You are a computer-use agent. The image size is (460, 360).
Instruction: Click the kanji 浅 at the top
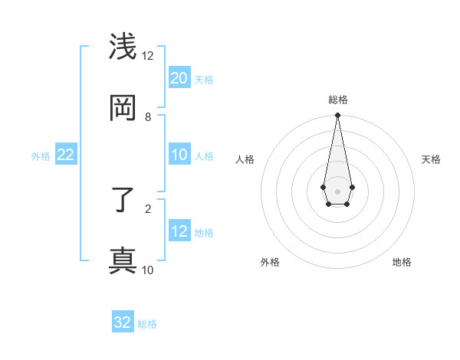click(x=123, y=47)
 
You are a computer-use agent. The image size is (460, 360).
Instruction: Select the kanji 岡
click(x=123, y=108)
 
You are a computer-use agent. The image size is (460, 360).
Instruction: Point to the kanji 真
click(x=123, y=260)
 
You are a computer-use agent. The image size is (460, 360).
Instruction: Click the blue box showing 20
click(x=179, y=77)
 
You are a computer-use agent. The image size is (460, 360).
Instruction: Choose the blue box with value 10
click(x=179, y=155)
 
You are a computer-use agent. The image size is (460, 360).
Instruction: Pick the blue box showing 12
click(x=179, y=231)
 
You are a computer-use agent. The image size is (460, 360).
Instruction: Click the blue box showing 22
click(x=66, y=155)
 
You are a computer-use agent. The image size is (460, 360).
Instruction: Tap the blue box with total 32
click(x=123, y=322)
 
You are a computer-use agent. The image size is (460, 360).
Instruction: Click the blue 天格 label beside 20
click(x=204, y=79)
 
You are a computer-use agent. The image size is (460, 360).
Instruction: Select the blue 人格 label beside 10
click(x=204, y=155)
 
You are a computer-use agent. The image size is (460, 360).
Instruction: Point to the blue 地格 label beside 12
click(x=204, y=232)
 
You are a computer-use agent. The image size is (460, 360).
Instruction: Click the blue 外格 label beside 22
click(x=41, y=155)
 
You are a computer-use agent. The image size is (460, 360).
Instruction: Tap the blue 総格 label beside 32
click(x=147, y=324)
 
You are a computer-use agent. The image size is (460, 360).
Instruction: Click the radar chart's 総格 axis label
click(x=337, y=100)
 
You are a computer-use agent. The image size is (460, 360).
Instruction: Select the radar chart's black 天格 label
click(x=431, y=159)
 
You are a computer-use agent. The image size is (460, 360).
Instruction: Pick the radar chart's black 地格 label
click(x=402, y=262)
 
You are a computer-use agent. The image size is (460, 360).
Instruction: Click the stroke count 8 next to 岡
click(x=148, y=116)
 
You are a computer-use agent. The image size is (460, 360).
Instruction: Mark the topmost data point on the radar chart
click(x=337, y=116)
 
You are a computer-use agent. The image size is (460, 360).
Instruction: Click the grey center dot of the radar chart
click(x=337, y=191)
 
